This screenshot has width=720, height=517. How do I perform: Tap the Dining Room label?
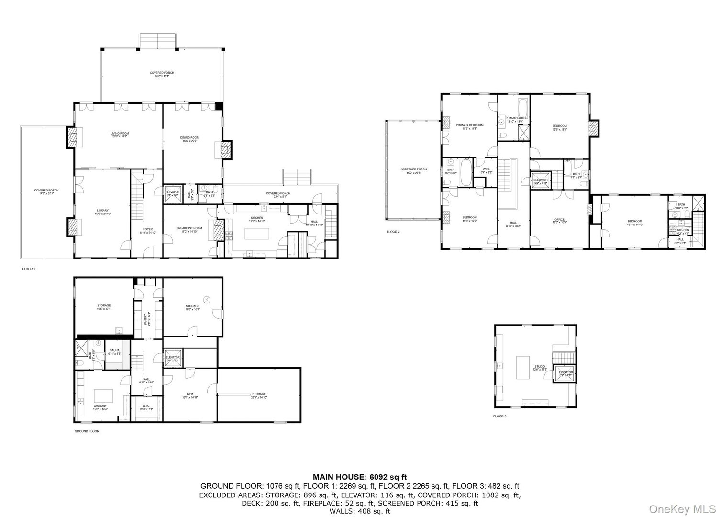[190, 139]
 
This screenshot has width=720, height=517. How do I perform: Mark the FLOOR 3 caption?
[499, 416]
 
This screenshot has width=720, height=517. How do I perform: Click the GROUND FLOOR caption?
[87, 431]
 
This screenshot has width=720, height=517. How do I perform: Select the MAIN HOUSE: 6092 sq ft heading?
[359, 477]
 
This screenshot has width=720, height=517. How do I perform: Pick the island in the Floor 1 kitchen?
[257, 234]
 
